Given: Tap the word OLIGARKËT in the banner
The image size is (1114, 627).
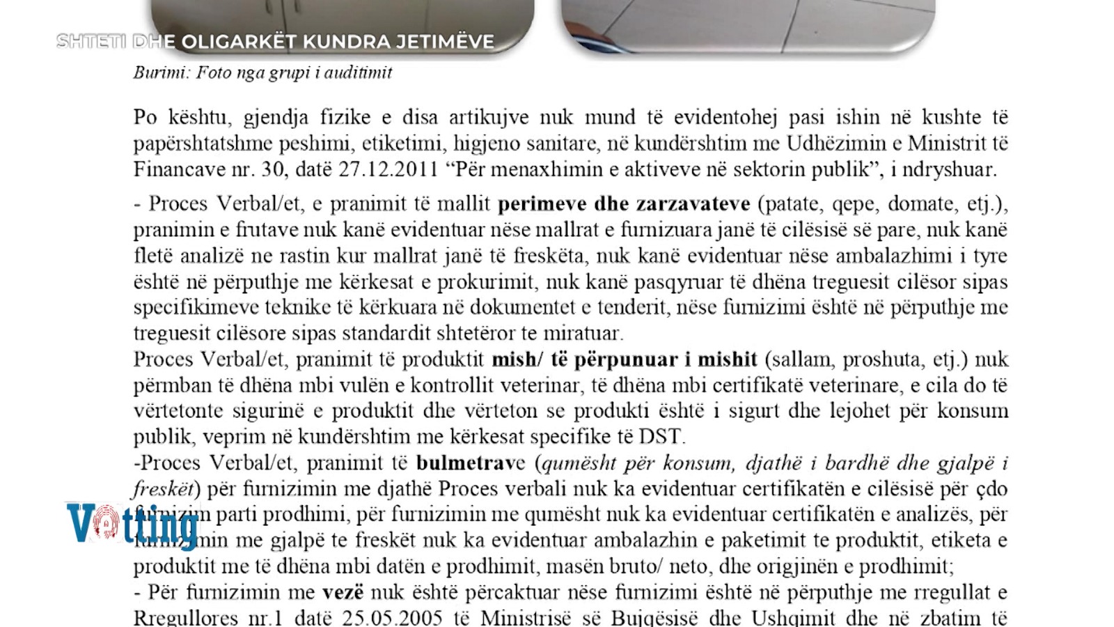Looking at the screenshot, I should point(239,42).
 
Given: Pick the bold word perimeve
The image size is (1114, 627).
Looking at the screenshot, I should point(542,203).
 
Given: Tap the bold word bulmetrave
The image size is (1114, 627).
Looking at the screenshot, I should point(471,463).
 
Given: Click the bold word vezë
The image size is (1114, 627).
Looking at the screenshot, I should point(343,592).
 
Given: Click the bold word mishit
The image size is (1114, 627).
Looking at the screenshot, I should point(727,359).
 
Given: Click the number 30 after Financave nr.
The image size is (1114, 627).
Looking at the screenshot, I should point(274,169).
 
